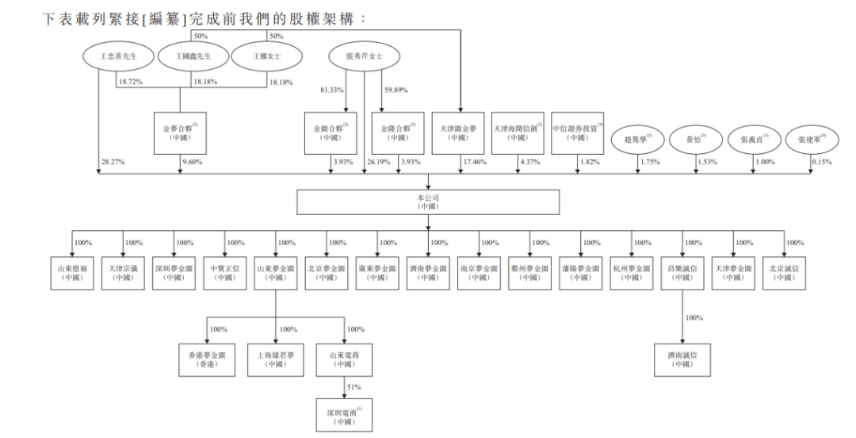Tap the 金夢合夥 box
point(182,133)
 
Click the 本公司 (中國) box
point(427,202)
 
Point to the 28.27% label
point(113,162)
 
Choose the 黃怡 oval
point(690,140)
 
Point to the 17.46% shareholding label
point(473,162)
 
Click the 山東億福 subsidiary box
point(72,272)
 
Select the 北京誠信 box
point(785,272)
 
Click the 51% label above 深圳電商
point(353,386)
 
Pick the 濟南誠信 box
point(683,359)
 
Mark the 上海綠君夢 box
point(277,359)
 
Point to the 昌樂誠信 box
point(683,272)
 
